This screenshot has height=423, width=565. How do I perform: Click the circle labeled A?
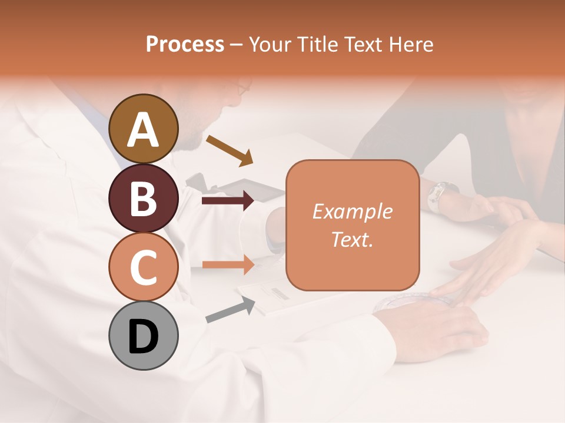point(144,129)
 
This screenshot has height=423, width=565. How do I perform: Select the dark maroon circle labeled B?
point(144,198)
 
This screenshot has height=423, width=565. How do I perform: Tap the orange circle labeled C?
point(144,267)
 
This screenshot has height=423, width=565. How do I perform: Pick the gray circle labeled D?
point(144,335)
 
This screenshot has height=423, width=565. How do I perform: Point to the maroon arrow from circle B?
point(228,201)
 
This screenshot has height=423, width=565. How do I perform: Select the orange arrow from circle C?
point(228,264)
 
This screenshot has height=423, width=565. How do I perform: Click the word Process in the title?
point(185,44)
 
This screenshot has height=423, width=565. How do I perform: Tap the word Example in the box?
point(352,211)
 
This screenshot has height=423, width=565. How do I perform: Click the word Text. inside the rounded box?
point(352,239)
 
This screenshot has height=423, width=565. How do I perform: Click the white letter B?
point(144,198)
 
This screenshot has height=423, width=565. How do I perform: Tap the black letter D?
point(144,335)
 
